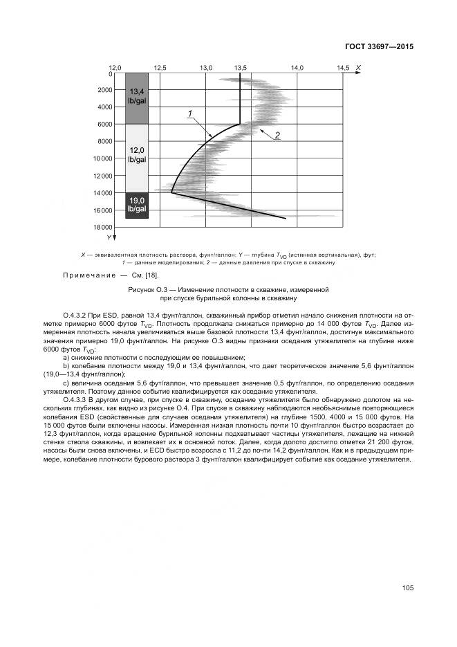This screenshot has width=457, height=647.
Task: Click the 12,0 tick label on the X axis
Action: tap(115, 67)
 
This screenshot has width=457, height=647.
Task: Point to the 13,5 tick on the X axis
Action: tap(241, 67)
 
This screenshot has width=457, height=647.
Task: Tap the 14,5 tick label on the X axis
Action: tap(343, 67)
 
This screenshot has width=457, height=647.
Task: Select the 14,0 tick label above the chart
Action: tap(297, 67)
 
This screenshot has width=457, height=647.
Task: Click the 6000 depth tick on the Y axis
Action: tap(106, 125)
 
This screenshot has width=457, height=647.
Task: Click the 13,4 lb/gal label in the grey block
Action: tap(136, 96)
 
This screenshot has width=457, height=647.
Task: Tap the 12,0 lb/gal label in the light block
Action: tap(136, 155)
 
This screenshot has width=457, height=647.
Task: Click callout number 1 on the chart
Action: tap(189, 113)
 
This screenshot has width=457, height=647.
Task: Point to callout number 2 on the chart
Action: tap(277, 135)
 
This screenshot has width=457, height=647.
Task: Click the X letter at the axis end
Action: tap(357, 66)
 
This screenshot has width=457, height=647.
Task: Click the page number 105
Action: tap(407, 588)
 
